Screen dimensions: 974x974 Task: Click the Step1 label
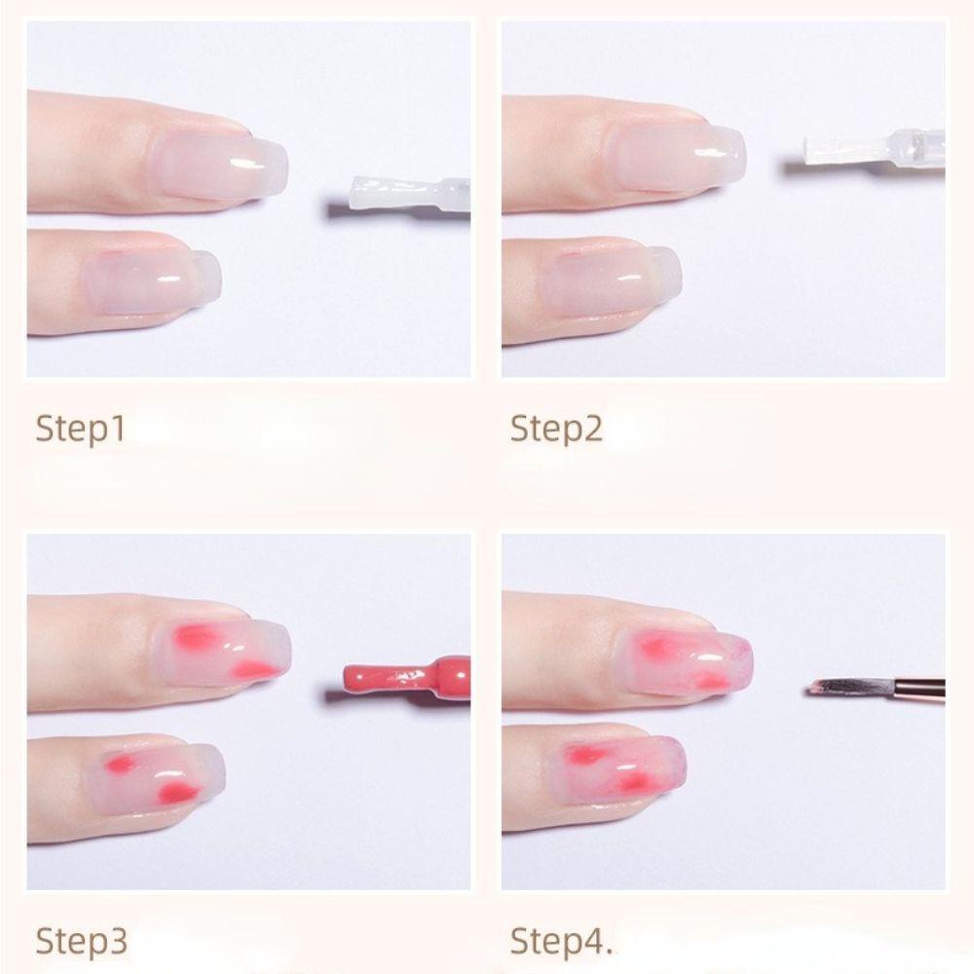click(81, 429)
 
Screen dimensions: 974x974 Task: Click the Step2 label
click(556, 429)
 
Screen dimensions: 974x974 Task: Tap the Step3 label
click(82, 941)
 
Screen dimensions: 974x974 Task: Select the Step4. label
click(561, 941)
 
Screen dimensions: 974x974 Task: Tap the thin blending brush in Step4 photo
click(876, 687)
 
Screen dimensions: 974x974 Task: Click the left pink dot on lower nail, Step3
click(121, 763)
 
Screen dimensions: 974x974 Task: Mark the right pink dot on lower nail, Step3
click(177, 791)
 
